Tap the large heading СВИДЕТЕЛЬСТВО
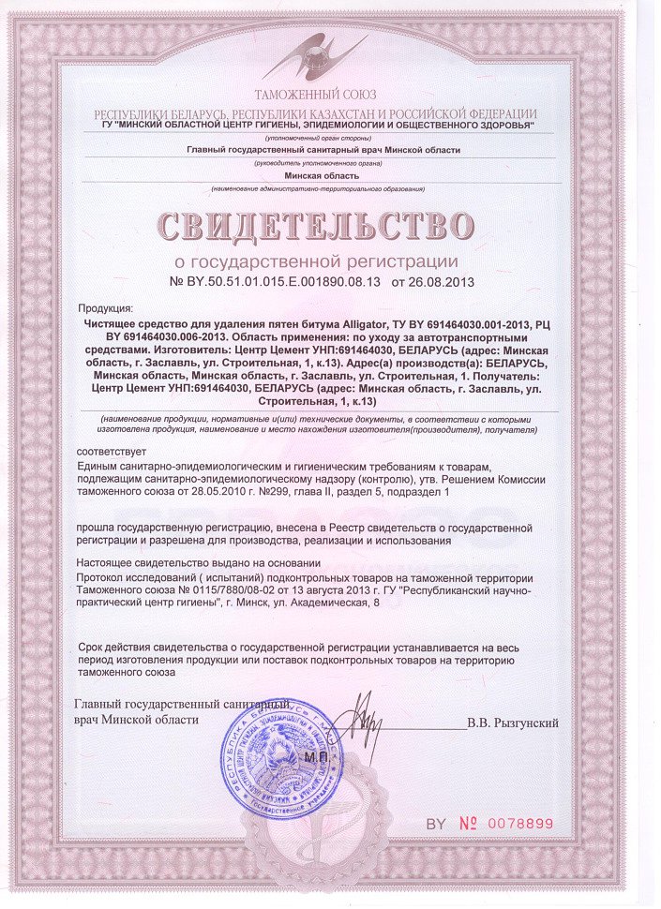316,228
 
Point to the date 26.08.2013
440,281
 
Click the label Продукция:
106,308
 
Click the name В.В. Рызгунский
513,723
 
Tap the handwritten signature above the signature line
355,717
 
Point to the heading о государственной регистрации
317,261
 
